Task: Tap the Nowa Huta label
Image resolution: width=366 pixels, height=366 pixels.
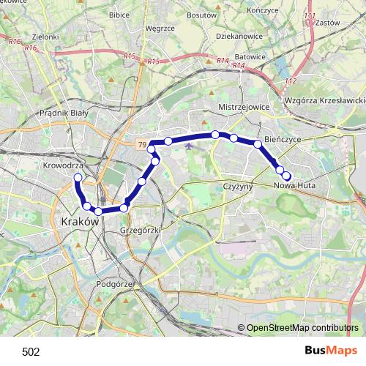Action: (x=293, y=187)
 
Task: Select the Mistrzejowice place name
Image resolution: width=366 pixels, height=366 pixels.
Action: (x=244, y=106)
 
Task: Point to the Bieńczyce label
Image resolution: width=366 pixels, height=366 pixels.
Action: (x=283, y=138)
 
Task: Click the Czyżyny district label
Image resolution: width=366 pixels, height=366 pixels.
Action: (x=237, y=187)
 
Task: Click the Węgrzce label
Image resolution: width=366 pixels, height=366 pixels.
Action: (x=160, y=29)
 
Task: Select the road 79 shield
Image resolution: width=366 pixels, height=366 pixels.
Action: (x=141, y=145)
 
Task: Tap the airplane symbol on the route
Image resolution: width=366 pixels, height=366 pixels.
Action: (x=190, y=145)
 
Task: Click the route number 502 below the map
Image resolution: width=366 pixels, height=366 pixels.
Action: (x=31, y=351)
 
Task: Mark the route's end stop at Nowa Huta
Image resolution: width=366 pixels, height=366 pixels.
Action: (x=286, y=176)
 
